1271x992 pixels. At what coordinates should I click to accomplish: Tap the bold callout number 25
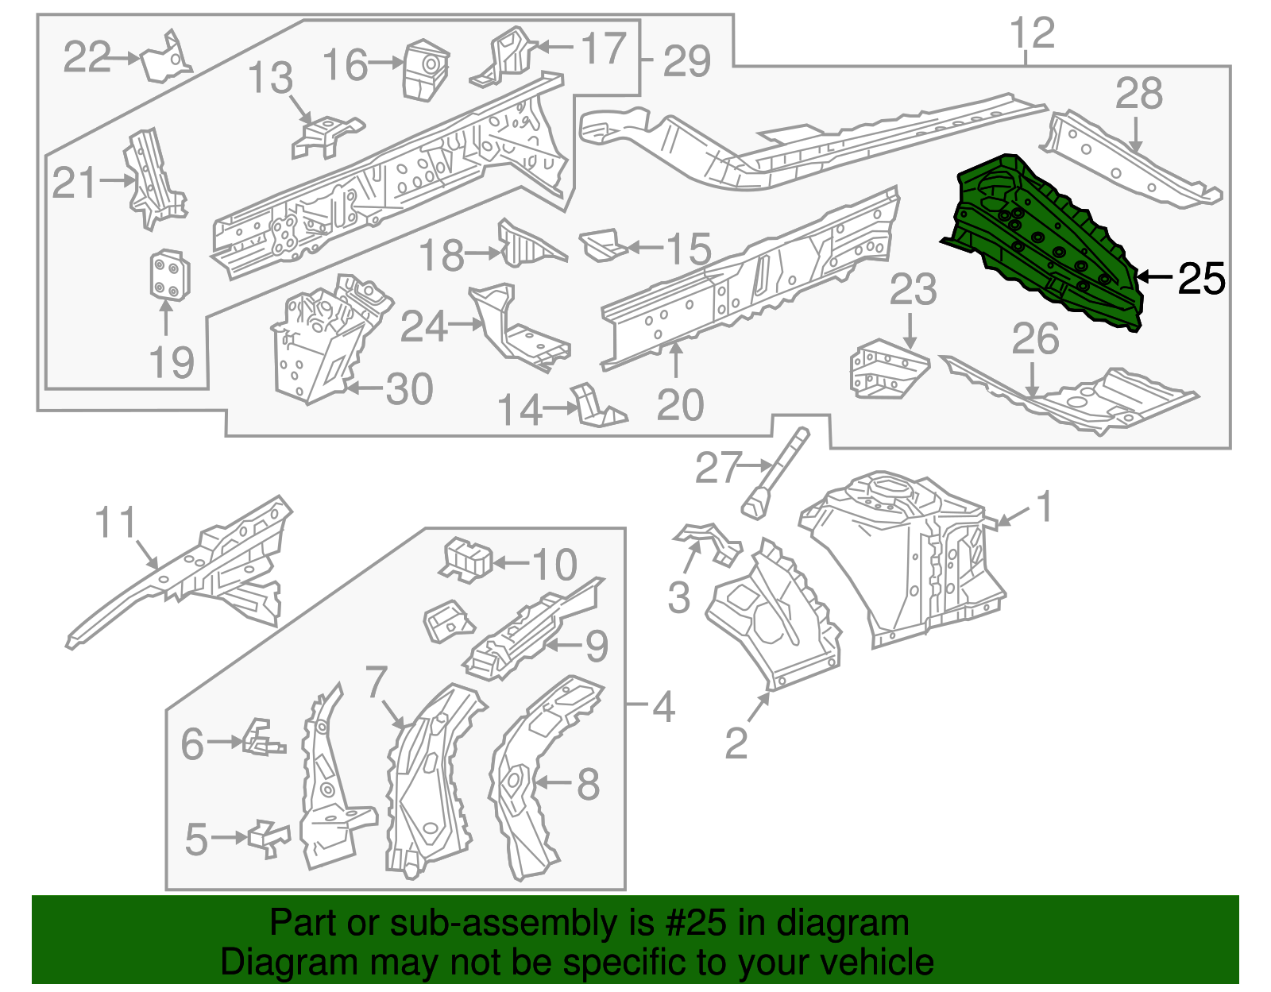pyautogui.click(x=1201, y=278)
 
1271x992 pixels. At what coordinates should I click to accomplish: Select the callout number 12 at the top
pyautogui.click(x=1031, y=33)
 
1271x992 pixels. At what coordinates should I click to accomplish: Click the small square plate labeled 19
pyautogui.click(x=168, y=276)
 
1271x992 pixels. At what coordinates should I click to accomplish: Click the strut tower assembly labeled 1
pyautogui.click(x=906, y=556)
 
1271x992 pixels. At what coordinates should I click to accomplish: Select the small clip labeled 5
pyautogui.click(x=268, y=838)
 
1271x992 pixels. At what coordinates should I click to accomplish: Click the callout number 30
pyautogui.click(x=409, y=389)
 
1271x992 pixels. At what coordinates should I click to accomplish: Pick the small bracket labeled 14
pyautogui.click(x=596, y=407)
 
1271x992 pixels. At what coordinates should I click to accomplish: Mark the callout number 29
pyautogui.click(x=686, y=61)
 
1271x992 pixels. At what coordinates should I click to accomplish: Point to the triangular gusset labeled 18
pyautogui.click(x=524, y=245)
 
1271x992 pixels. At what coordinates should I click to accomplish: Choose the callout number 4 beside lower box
pyautogui.click(x=663, y=705)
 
